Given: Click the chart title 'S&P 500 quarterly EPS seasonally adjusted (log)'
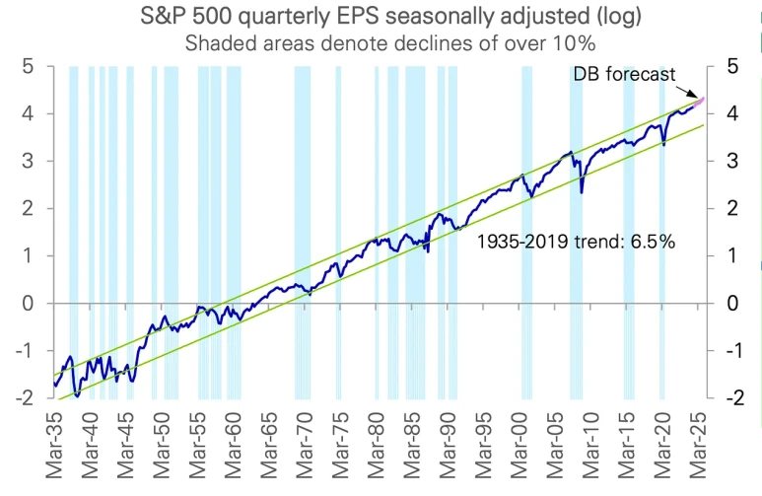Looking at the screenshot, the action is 390,17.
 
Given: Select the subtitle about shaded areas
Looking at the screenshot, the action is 390,43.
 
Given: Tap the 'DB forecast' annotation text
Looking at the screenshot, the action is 624,74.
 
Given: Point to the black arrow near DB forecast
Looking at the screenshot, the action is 687,92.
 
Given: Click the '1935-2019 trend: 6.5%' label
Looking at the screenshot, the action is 577,242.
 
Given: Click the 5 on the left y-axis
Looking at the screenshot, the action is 28,67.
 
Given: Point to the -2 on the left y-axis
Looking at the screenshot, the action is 25,397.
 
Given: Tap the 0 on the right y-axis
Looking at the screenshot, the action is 732,304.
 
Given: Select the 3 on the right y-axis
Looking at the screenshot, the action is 732,161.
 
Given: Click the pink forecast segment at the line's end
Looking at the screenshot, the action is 699,103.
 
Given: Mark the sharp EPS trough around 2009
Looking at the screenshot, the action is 582,192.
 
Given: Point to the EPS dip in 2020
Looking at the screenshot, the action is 663,144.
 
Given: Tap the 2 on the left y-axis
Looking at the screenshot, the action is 28,209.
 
